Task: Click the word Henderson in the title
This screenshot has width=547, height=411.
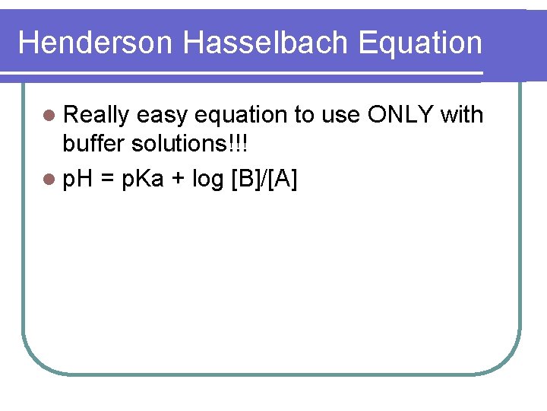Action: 96,43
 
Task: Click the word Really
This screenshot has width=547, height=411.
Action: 96,115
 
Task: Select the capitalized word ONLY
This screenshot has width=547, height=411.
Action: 400,115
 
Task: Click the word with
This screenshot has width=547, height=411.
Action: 461,115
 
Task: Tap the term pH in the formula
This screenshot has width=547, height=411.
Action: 77,181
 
